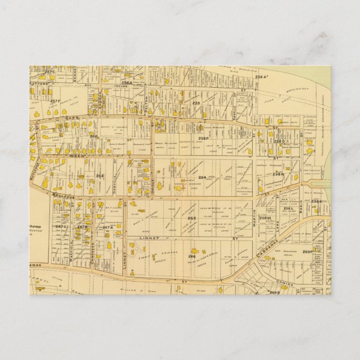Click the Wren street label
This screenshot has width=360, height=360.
pyautogui.click(x=76, y=157)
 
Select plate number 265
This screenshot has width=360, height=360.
pyautogui.click(x=192, y=218)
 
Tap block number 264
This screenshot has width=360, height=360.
pyautogui.click(x=202, y=178)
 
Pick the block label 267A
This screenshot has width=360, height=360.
pyautogui.click(x=107, y=227)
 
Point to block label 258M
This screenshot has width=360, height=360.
pyautogui.click(x=265, y=218)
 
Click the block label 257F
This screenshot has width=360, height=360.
pyautogui.click(x=54, y=101)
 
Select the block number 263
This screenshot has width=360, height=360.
pyautogui.click(x=100, y=176)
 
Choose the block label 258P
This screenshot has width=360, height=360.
pyautogui.click(x=203, y=138)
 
